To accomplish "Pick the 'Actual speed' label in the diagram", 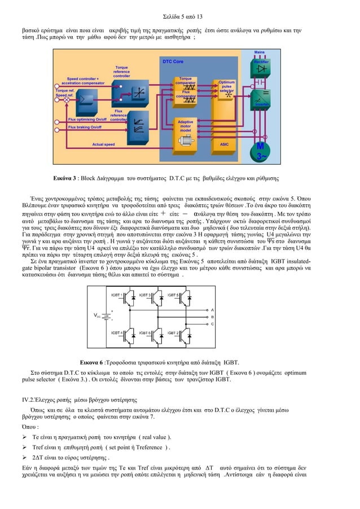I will point(103,144).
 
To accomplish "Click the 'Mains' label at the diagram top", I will point(260,52).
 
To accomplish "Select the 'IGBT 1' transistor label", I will point(117,295).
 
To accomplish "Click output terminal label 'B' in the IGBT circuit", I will point(212,317).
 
